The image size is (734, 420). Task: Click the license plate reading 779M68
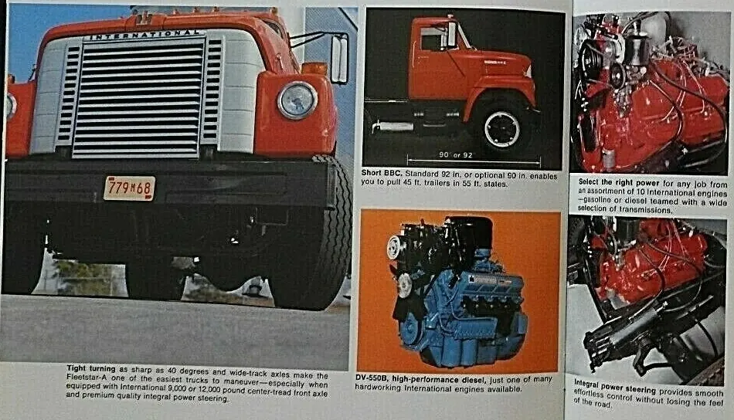pyautogui.click(x=129, y=188)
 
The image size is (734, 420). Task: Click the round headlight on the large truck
pyautogui.click(x=297, y=100)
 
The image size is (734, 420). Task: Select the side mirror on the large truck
pyautogui.click(x=339, y=59)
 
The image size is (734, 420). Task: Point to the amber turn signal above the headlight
pyautogui.click(x=314, y=68)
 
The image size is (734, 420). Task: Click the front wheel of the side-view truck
pyautogui.click(x=501, y=128)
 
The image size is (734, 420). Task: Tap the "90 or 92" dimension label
pyautogui.click(x=456, y=155)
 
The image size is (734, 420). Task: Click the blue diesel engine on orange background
pyautogui.click(x=457, y=293)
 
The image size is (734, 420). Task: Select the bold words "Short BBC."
pyautogui.click(x=382, y=174)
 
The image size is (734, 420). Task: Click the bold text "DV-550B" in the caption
pyautogui.click(x=372, y=379)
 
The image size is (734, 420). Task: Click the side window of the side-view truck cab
pyautogui.click(x=433, y=39)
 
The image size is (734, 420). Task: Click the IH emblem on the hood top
pyautogui.click(x=143, y=19)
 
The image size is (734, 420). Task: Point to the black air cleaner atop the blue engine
pyautogui.click(x=468, y=232)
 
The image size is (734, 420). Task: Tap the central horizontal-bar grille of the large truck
pyautogui.click(x=138, y=98)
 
